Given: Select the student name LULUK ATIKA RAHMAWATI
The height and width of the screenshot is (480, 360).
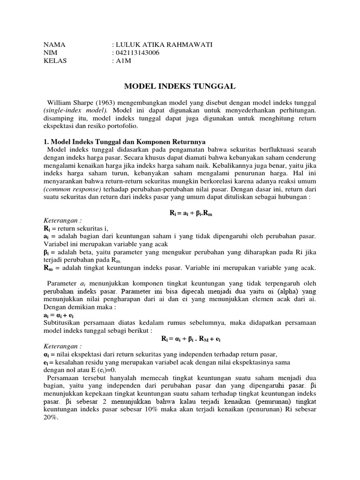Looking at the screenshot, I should coord(164,45).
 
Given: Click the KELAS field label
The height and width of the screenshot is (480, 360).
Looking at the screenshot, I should coord(54,60).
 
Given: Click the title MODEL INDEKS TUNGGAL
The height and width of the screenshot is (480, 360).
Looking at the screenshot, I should coord(180,86).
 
